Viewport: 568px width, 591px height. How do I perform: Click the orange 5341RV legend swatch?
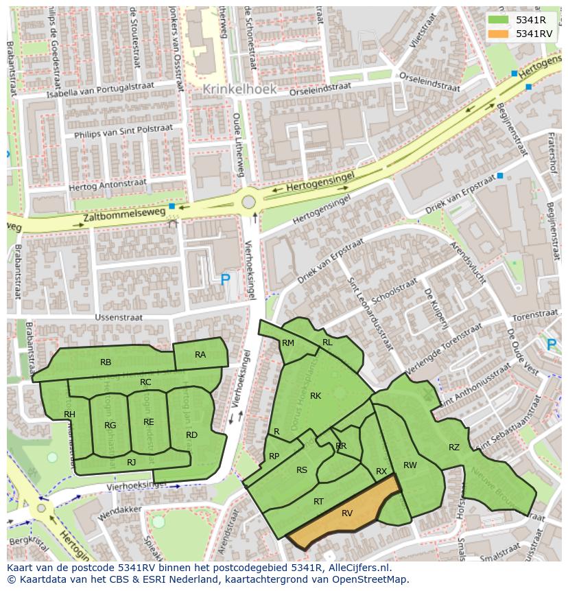498,34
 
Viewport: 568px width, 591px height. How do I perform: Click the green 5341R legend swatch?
498,20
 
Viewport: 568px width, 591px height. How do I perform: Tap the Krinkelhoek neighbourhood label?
239,89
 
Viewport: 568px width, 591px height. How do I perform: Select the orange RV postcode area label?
347,513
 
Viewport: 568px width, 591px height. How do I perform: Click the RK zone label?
316,395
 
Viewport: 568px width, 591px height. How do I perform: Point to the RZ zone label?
454,448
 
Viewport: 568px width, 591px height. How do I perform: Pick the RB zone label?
106,362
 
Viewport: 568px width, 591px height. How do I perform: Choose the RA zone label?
200,355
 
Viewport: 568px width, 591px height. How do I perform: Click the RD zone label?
191,434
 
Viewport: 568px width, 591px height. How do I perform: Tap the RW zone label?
410,465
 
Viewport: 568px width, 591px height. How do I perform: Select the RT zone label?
318,502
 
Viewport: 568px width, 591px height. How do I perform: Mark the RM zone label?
288,343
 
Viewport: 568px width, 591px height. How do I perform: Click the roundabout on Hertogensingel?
248,202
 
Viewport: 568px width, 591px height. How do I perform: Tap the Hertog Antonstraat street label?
108,185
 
